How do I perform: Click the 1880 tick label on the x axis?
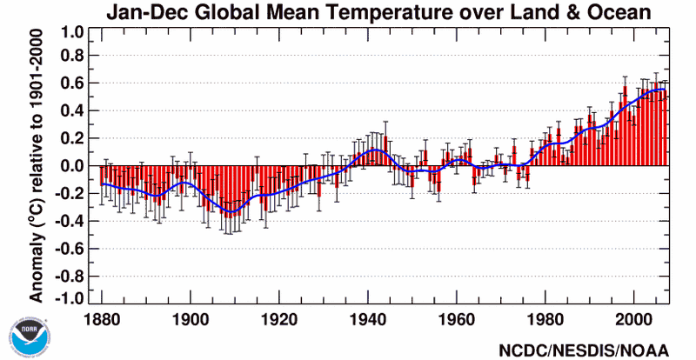(x=102, y=319)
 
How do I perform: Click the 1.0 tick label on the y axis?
(x=74, y=33)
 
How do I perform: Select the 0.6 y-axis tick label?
(x=74, y=83)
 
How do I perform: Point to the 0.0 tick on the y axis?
(x=74, y=166)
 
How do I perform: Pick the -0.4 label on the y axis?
(x=71, y=221)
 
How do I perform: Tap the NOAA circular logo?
(x=27, y=337)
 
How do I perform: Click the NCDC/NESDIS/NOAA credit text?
(x=584, y=350)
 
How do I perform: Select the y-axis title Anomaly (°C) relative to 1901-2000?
(x=37, y=166)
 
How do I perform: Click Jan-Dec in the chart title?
(x=139, y=12)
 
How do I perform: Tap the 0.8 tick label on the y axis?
(x=74, y=57)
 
